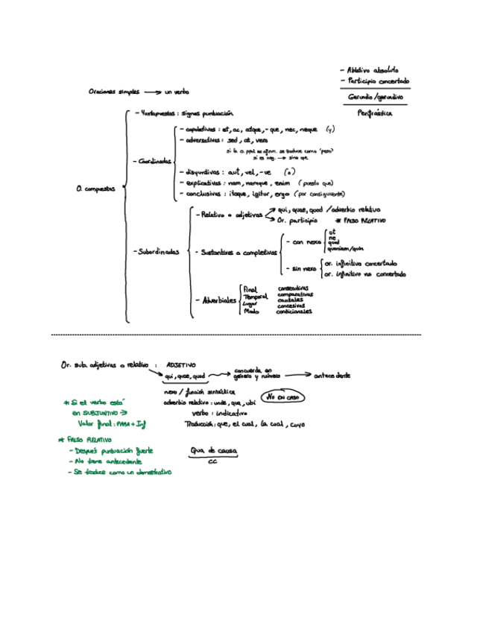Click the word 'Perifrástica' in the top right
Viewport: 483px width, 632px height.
tap(375, 114)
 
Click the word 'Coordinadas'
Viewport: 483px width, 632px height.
tap(154, 160)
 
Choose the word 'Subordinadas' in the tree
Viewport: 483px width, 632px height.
tap(157, 252)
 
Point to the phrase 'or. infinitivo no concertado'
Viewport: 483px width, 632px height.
tap(364, 274)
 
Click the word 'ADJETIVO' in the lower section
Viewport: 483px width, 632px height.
tap(181, 365)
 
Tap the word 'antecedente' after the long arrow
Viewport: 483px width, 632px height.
tap(332, 375)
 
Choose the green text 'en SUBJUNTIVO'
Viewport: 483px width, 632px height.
tap(98, 412)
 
